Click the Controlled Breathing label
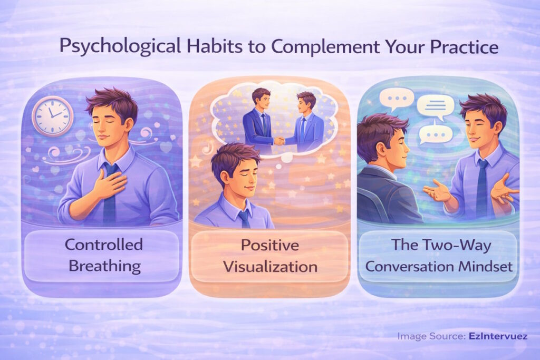(104, 255)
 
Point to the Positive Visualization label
(269, 256)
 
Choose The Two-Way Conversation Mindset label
(439, 256)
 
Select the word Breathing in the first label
(104, 266)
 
